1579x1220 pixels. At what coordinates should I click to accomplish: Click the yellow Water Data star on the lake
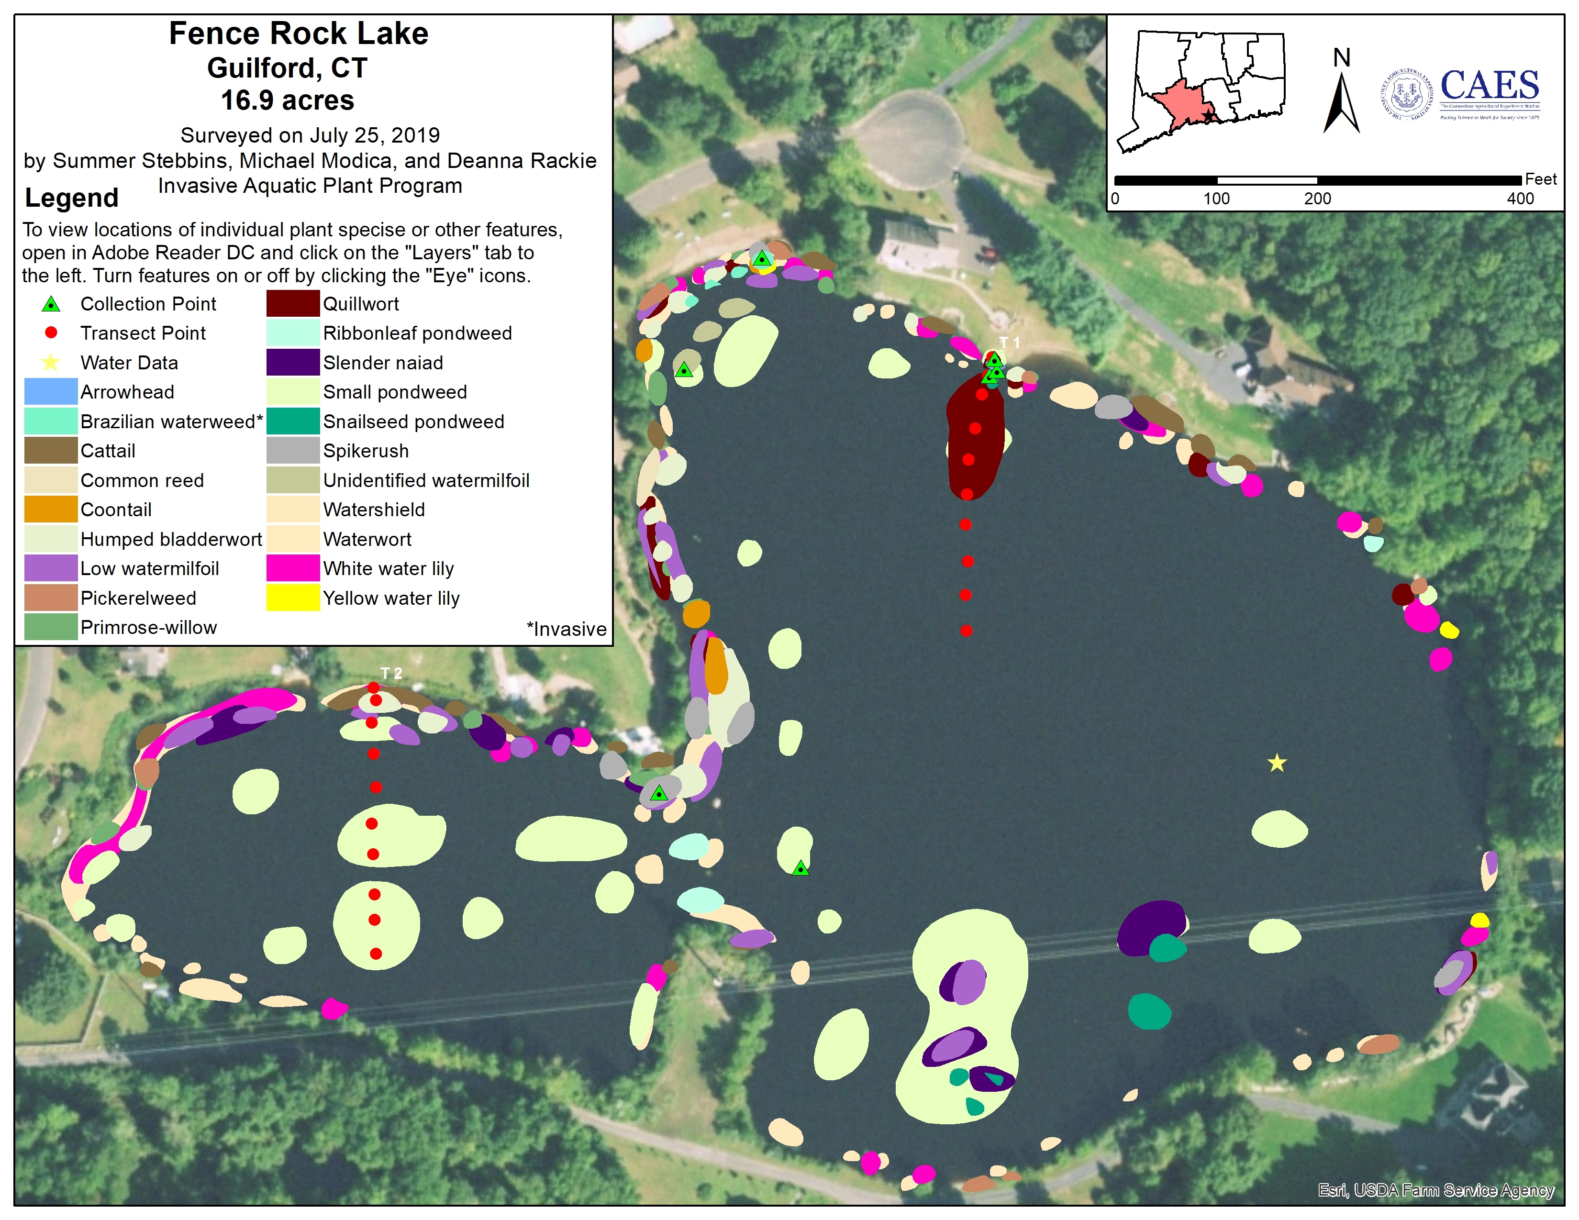coord(1277,763)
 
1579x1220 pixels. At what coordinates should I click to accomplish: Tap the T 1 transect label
coord(1009,343)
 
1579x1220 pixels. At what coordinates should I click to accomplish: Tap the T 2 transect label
coord(391,673)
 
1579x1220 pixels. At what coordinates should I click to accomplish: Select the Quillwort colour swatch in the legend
coord(293,303)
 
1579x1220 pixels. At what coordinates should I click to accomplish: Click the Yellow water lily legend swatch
coord(293,598)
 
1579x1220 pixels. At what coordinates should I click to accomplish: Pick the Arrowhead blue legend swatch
coord(51,392)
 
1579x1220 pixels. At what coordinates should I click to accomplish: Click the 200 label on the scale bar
coord(1317,199)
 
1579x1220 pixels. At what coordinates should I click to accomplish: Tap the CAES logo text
coord(1490,86)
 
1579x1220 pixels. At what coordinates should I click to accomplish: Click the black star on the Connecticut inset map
coord(1208,116)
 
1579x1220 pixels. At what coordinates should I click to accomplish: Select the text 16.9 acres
coord(287,100)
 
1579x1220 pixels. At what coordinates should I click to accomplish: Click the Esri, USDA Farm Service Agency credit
coord(1435,1190)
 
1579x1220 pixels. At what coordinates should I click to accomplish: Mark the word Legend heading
coord(72,198)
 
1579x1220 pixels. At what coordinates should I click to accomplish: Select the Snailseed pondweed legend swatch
coord(293,421)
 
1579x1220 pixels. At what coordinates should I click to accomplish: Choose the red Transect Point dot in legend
coord(51,333)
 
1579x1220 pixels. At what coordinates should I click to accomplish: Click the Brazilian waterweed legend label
coord(171,421)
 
